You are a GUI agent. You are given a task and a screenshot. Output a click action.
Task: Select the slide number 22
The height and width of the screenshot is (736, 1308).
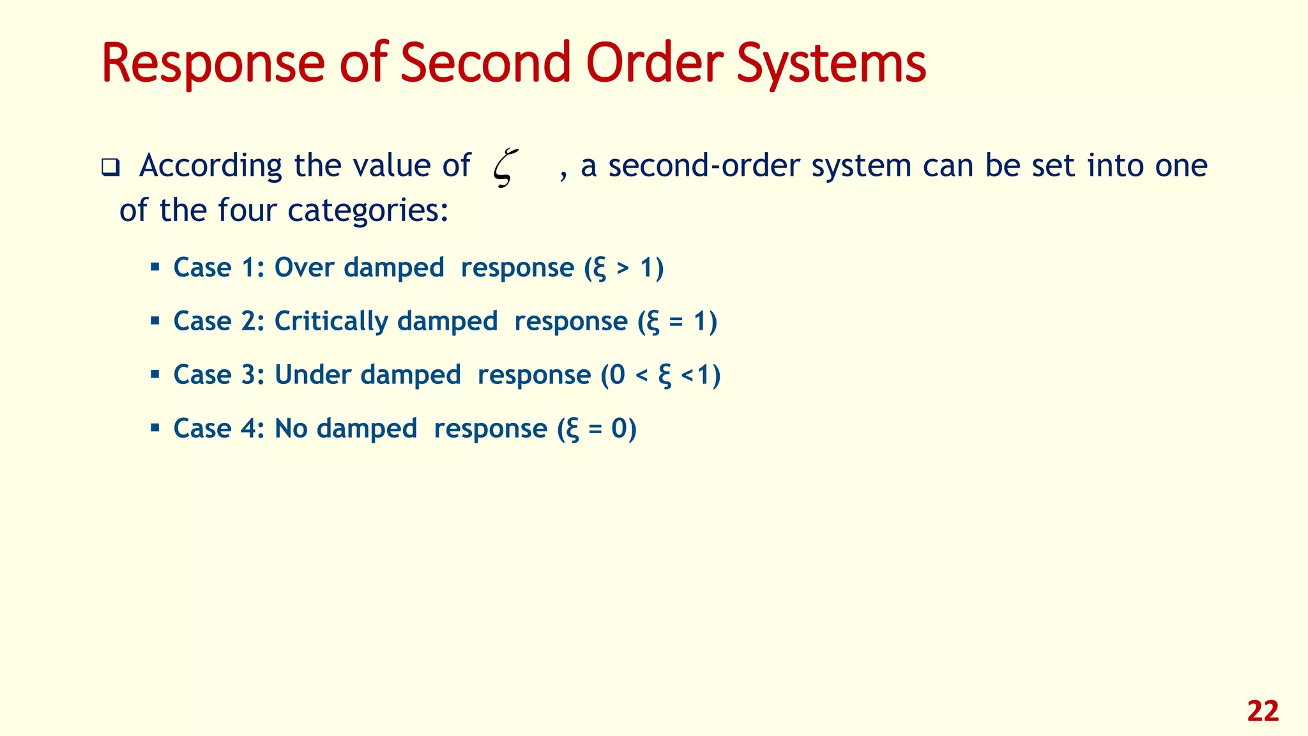point(1263,712)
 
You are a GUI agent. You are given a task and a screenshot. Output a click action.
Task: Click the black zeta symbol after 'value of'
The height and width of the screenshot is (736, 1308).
point(505,167)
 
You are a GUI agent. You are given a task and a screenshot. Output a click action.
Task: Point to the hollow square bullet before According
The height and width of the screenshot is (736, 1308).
point(110,169)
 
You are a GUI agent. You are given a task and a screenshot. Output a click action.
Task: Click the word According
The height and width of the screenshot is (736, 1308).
point(210,166)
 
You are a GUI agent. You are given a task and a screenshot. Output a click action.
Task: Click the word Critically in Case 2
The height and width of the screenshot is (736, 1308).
point(331,321)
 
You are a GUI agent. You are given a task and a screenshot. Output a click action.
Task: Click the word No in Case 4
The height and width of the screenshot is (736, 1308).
point(291,428)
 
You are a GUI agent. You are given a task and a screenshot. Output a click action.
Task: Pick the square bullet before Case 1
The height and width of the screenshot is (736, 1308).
point(155,266)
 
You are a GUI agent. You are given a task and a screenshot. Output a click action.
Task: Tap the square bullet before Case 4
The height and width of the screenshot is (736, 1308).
point(155,427)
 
